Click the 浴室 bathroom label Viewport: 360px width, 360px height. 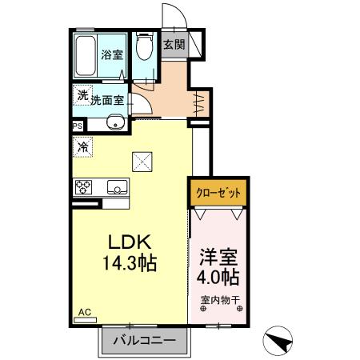(x=111, y=55)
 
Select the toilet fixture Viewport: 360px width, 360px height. (x=145, y=47)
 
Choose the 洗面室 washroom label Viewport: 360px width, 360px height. (x=106, y=101)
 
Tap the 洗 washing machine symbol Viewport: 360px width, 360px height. (x=82, y=95)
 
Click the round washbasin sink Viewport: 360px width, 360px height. (x=115, y=123)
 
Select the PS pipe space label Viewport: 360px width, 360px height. (x=78, y=126)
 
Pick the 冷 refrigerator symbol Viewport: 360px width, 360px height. (x=83, y=146)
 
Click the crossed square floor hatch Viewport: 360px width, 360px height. (x=143, y=161)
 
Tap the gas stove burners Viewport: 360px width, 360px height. (x=84, y=188)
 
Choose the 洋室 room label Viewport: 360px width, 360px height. (x=218, y=259)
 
